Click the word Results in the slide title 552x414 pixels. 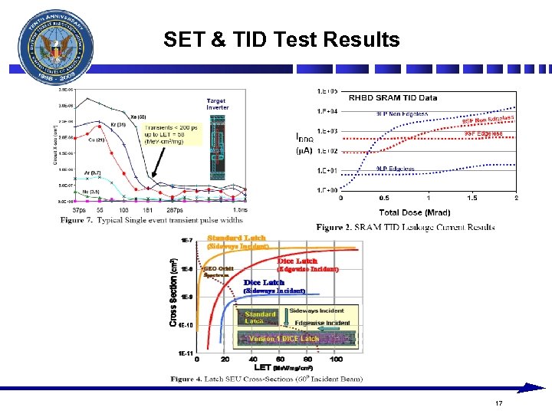[x=362, y=39]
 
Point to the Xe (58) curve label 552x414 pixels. [x=137, y=117]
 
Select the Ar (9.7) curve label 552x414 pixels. [x=92, y=173]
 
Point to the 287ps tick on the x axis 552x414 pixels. [x=176, y=209]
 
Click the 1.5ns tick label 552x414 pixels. [x=239, y=209]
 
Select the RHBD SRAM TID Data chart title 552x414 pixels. [x=393, y=97]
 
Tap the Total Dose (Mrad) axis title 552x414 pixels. [x=415, y=212]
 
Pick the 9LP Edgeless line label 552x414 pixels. [x=396, y=169]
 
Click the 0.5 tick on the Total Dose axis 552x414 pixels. [x=384, y=198]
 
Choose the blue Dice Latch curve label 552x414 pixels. [x=264, y=283]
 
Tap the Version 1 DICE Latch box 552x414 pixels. [x=284, y=338]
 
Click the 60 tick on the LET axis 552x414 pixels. [x=281, y=359]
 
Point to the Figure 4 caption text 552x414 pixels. [x=267, y=379]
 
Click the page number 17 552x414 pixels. [x=498, y=403]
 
